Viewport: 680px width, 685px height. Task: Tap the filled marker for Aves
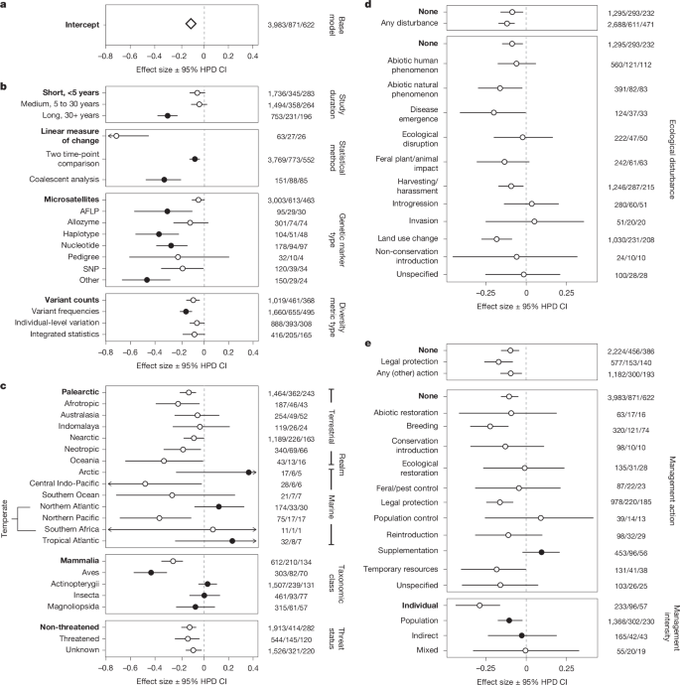coord(151,572)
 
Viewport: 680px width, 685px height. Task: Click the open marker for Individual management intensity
coord(479,605)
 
